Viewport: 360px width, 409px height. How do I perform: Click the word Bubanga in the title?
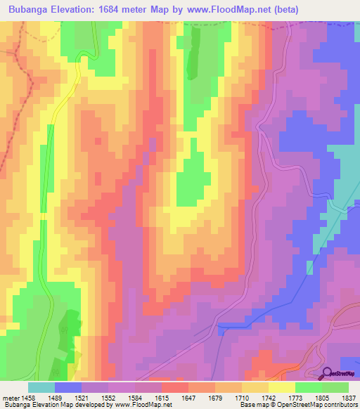pos(32,10)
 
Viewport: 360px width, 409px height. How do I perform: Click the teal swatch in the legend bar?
pos(41,387)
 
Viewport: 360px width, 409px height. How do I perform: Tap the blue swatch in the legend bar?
pos(67,387)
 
